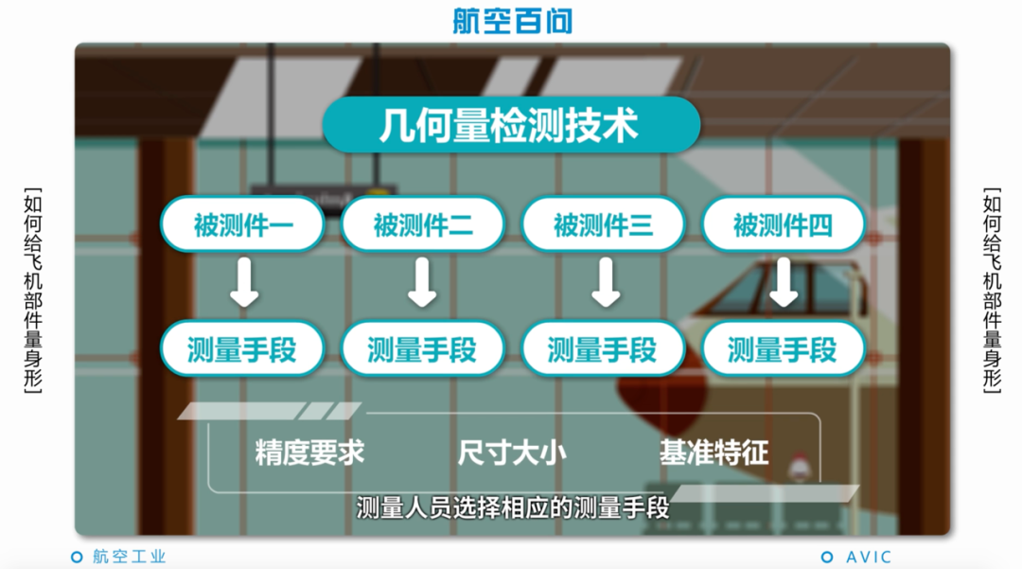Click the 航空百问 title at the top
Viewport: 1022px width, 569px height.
tap(512, 21)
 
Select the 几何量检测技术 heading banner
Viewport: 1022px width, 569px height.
tap(511, 125)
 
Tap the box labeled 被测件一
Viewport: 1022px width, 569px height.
tap(243, 224)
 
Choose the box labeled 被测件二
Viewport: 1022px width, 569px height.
tap(423, 224)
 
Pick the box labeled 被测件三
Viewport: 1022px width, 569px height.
tap(603, 224)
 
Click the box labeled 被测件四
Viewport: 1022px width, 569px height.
tap(783, 224)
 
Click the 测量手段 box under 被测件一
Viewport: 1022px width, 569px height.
tap(242, 349)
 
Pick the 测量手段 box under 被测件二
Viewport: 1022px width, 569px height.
tap(422, 349)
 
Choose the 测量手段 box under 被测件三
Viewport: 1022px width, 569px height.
tap(603, 349)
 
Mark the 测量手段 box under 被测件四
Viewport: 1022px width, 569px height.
tap(783, 349)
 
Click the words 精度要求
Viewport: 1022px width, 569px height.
tap(309, 453)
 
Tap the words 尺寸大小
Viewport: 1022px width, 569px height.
tap(512, 453)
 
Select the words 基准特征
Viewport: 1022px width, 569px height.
tap(714, 453)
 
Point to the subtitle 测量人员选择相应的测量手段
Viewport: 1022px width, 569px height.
tap(512, 508)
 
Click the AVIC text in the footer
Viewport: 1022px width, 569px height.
tap(868, 557)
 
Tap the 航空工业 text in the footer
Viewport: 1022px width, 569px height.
tap(129, 557)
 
